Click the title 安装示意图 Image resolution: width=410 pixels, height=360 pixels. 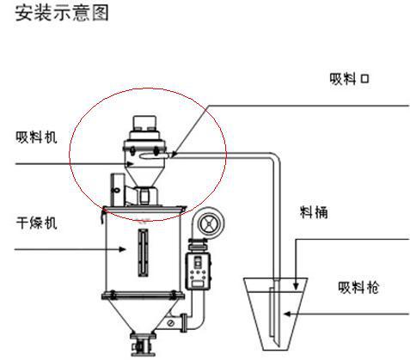pos(62,13)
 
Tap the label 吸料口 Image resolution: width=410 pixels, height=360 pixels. pos(349,79)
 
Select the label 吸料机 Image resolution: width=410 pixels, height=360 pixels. pos(36,137)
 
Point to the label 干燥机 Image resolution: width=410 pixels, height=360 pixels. pos(36,223)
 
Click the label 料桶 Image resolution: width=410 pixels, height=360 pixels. pos(314,212)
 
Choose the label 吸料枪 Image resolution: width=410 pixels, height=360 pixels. pos(358,287)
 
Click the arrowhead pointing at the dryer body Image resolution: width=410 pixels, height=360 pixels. pos(123,249)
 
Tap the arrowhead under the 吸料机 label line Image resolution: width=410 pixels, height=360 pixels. pos(130,164)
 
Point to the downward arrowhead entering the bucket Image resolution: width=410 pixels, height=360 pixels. pos(296,286)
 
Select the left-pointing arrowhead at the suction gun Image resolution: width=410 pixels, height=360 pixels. pos(287,314)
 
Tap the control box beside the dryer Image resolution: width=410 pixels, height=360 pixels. pos(198,271)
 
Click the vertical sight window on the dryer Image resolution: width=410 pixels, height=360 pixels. pos(144,253)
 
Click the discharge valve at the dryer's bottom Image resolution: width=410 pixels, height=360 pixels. pos(144,345)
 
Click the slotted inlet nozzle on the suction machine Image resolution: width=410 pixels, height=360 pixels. pos(155,156)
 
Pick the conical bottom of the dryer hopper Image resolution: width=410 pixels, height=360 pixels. pos(144,316)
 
